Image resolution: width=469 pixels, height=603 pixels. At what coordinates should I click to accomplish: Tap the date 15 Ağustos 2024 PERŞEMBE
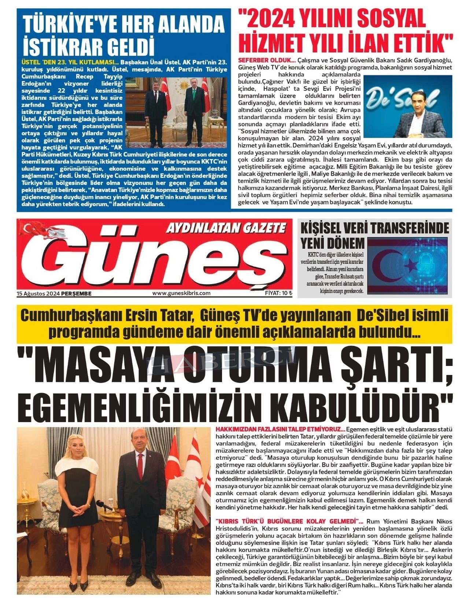54,293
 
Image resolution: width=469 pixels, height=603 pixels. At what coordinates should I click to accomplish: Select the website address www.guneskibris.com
181,293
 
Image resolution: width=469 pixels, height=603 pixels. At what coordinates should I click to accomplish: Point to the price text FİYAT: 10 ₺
278,293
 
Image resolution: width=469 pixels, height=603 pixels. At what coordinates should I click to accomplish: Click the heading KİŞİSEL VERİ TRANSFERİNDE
374,228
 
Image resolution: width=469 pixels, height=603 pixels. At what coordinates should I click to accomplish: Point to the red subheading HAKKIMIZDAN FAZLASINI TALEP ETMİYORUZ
279,429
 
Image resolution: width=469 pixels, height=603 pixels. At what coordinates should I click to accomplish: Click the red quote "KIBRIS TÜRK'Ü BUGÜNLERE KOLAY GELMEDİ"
288,522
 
